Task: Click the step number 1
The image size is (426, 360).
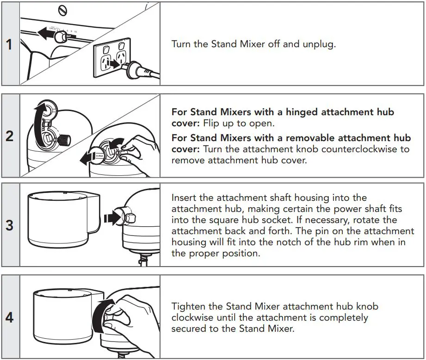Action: (x=9, y=44)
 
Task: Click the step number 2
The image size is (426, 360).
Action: (x=9, y=136)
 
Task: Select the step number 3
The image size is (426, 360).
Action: (x=9, y=225)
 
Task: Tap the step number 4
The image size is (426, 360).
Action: (x=9, y=317)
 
